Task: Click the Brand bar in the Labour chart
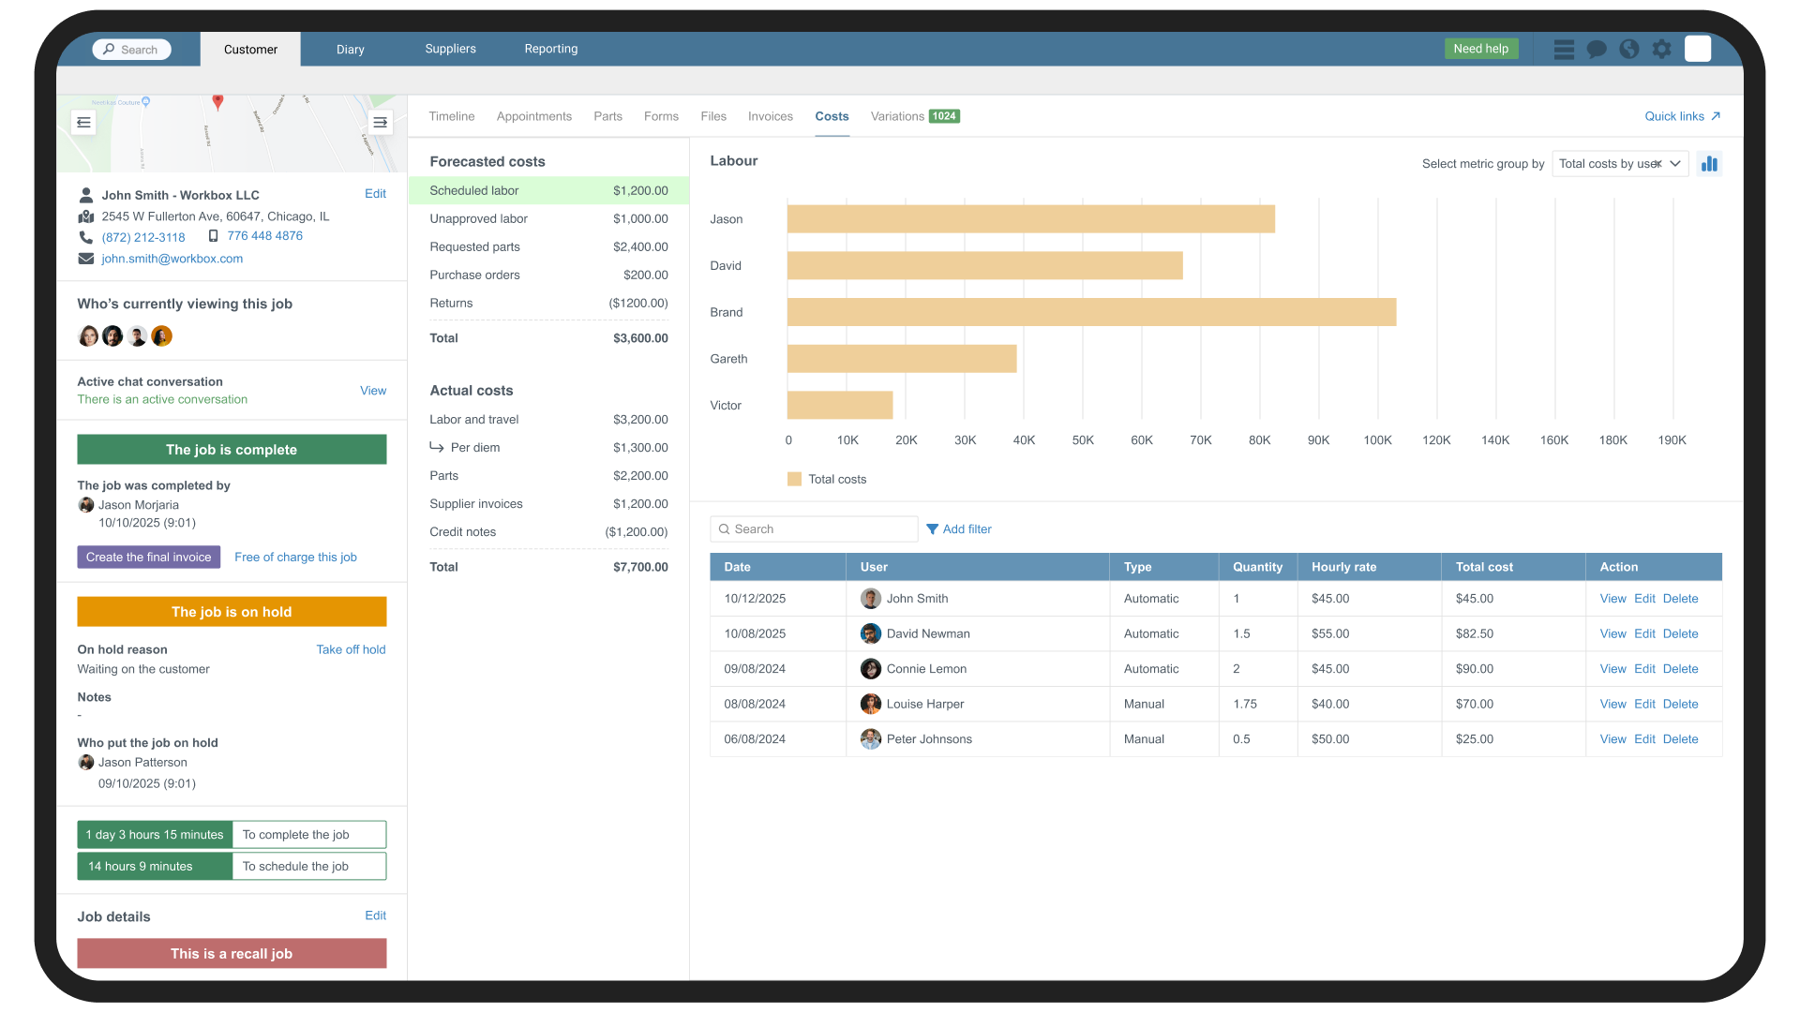[1091, 312]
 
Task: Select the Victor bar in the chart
[839, 405]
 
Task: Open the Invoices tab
[770, 116]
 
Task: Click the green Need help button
[1480, 49]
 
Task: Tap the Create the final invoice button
[148, 557]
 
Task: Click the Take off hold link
[351, 649]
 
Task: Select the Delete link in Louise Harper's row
[1680, 704]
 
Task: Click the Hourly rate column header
[1343, 567]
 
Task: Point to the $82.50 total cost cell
[1474, 633]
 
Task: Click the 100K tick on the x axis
[1377, 439]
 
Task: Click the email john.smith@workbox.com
[172, 259]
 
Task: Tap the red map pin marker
[217, 101]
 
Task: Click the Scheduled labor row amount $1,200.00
[640, 190]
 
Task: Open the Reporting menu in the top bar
[550, 49]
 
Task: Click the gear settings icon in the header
[1661, 49]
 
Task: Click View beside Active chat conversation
[372, 391]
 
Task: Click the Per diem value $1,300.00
[640, 447]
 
